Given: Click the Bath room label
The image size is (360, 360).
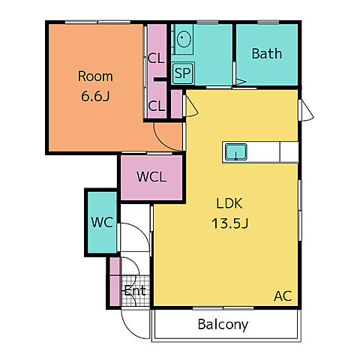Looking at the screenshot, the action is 267,54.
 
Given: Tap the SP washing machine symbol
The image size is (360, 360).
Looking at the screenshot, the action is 183,73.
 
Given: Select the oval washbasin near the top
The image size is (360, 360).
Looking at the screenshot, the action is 184,39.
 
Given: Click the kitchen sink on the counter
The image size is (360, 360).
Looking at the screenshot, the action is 236,152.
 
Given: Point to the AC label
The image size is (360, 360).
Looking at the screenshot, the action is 283,296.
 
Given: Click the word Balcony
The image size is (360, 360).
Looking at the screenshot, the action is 223,325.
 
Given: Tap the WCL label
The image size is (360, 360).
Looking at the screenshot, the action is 151,177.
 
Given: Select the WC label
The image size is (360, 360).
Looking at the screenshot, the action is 102,222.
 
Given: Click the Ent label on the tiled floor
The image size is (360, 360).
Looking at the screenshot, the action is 135,290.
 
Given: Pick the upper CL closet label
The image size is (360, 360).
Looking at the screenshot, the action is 156,58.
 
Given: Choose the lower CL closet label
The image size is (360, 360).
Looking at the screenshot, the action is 157,106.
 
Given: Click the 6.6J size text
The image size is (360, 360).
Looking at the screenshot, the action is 95,96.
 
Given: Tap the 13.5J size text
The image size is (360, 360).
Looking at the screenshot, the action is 230,223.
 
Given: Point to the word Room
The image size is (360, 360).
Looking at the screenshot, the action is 95,76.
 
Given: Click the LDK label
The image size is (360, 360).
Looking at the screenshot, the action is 229,203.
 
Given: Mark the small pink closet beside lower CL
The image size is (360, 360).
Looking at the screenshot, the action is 176,103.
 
